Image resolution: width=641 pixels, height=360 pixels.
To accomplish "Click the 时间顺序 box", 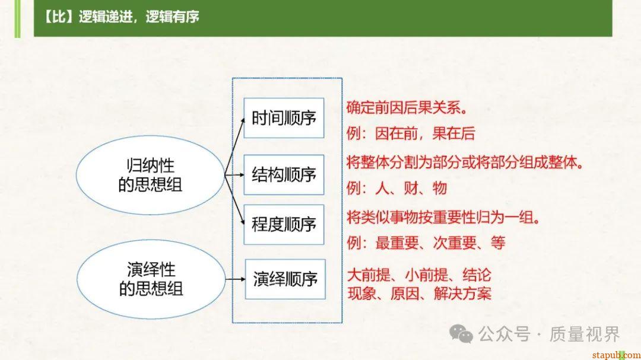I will click(x=284, y=117).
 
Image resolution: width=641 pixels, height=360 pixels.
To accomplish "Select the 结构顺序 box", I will click(x=284, y=174).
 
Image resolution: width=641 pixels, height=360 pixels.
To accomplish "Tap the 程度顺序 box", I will click(x=284, y=224).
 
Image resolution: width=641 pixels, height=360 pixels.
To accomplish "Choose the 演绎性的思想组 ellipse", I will click(x=150, y=279).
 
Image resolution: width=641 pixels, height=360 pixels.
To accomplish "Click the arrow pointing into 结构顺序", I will click(x=235, y=174).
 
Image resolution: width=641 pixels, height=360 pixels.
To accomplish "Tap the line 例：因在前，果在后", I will click(x=411, y=133).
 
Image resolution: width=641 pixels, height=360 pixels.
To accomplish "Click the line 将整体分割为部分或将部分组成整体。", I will click(x=465, y=162).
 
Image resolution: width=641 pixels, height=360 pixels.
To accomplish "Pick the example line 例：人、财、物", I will click(x=396, y=189).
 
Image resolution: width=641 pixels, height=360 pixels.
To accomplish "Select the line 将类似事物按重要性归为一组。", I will click(x=443, y=217).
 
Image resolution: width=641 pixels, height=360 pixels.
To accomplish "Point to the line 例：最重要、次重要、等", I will click(x=426, y=243).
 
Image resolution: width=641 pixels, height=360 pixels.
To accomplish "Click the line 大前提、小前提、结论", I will click(x=419, y=275).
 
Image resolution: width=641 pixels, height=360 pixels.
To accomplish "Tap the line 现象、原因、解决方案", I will click(x=419, y=292).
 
